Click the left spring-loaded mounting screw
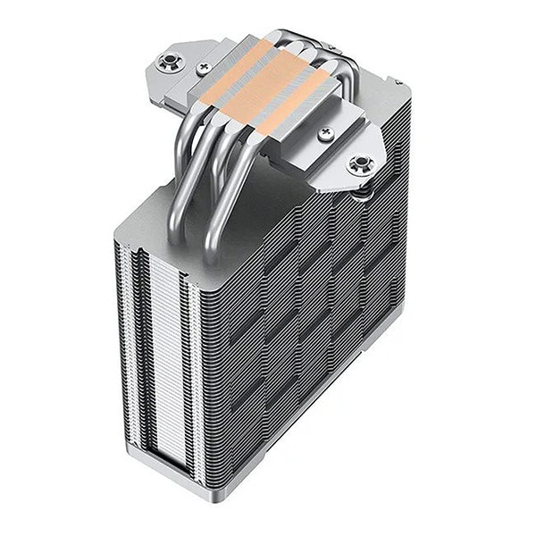[166, 63]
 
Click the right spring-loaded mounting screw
[360, 163]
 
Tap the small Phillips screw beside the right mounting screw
[325, 134]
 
